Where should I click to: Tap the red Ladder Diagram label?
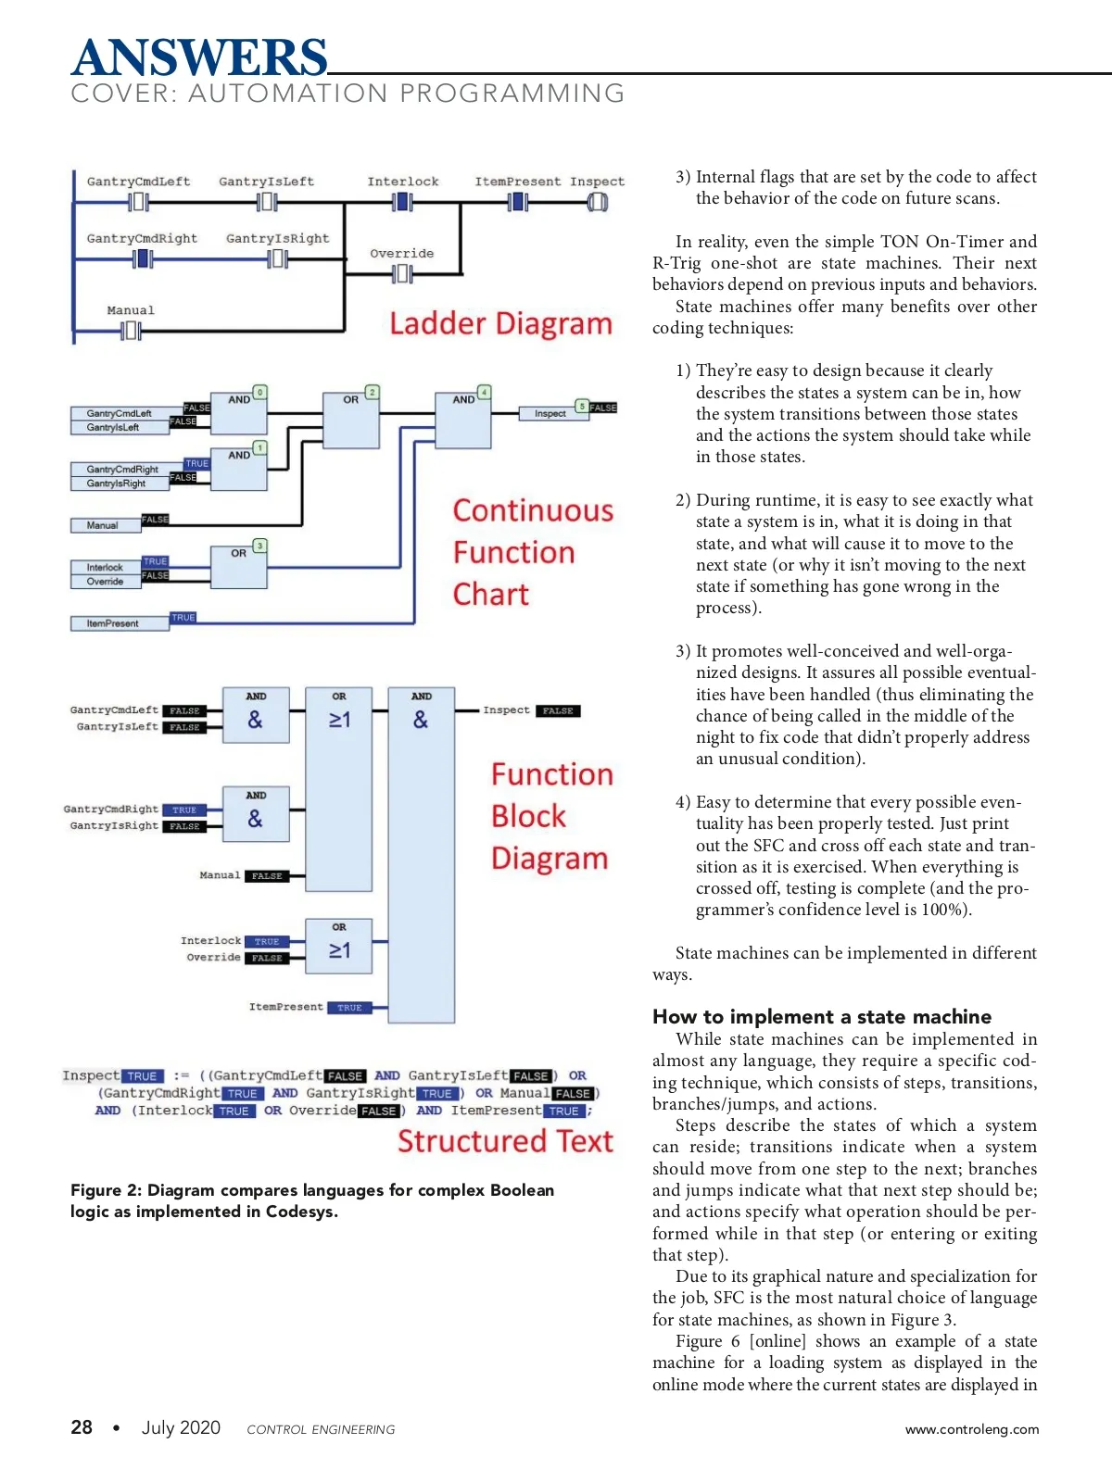pyautogui.click(x=500, y=323)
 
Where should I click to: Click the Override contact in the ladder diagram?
pyautogui.click(x=402, y=273)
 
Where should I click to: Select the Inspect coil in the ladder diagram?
pyautogui.click(x=598, y=202)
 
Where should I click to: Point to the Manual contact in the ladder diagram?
pyautogui.click(x=131, y=331)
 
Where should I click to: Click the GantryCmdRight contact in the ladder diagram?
pyautogui.click(x=143, y=258)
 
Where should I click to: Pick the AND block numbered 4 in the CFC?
pyautogui.click(x=462, y=420)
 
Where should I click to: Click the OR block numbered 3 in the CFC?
pyautogui.click(x=238, y=567)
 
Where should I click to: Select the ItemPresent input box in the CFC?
pyautogui.click(x=120, y=623)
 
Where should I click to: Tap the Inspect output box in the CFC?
pyautogui.click(x=553, y=413)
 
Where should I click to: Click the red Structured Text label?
pyautogui.click(x=505, y=1141)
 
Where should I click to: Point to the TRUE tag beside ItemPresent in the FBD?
pyautogui.click(x=349, y=1008)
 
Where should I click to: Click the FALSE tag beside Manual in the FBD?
pyautogui.click(x=267, y=875)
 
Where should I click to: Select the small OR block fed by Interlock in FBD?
pyautogui.click(x=338, y=946)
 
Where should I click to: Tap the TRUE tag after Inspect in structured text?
pyautogui.click(x=142, y=1075)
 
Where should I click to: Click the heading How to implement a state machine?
pyautogui.click(x=822, y=1016)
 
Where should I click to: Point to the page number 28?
pyautogui.click(x=82, y=1426)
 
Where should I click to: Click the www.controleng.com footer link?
pyautogui.click(x=971, y=1428)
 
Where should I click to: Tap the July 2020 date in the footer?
pyautogui.click(x=181, y=1427)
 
